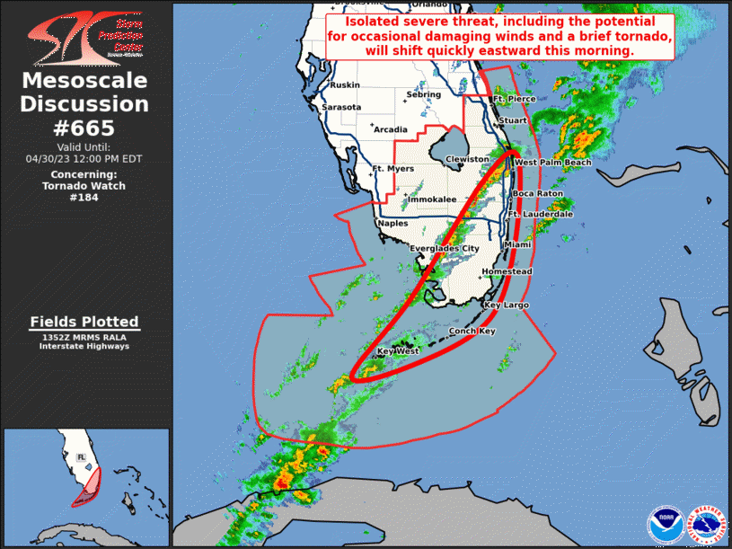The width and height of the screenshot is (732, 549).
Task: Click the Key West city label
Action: (397, 350)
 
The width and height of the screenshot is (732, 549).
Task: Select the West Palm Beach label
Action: (552, 163)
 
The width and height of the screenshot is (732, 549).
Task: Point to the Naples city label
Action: (392, 223)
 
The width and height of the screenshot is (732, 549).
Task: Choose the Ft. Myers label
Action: (392, 168)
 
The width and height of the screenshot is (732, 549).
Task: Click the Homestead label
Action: (507, 271)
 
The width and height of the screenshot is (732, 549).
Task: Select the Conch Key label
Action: (472, 332)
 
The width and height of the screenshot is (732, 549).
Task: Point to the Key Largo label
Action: (507, 305)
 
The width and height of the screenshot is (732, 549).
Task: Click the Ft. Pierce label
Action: (515, 97)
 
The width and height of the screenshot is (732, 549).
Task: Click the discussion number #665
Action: (84, 128)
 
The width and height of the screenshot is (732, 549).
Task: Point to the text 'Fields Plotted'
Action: (84, 322)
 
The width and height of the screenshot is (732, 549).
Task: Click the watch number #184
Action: (84, 197)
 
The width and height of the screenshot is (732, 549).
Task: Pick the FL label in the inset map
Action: (81, 458)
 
